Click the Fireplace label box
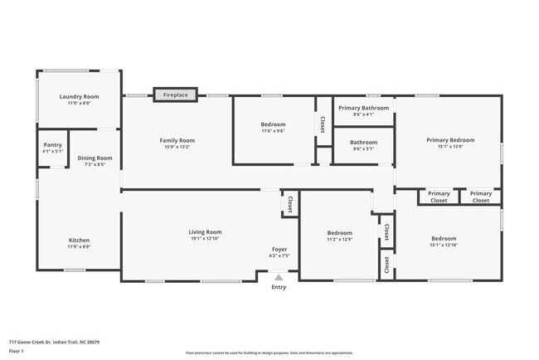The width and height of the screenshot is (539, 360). pyautogui.click(x=175, y=95)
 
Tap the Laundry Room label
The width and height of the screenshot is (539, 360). pyautogui.click(x=79, y=96)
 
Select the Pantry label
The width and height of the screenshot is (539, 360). pyautogui.click(x=53, y=145)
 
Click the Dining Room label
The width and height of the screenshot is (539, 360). pyautogui.click(x=95, y=158)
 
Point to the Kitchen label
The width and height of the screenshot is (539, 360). pyautogui.click(x=79, y=241)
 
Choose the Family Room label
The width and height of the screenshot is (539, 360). pyautogui.click(x=177, y=140)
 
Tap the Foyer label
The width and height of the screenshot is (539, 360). pyautogui.click(x=279, y=250)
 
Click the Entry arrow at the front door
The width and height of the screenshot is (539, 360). pyautogui.click(x=279, y=278)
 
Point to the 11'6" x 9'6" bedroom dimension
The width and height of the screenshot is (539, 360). pyautogui.click(x=273, y=130)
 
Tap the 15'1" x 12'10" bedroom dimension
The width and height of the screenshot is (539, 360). pyautogui.click(x=444, y=245)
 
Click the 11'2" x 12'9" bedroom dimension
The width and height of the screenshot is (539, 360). pyautogui.click(x=339, y=240)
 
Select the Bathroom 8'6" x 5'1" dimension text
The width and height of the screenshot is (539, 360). pyautogui.click(x=363, y=149)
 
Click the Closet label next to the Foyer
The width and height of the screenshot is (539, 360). pyautogui.click(x=289, y=203)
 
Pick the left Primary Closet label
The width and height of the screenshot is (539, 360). pyautogui.click(x=439, y=197)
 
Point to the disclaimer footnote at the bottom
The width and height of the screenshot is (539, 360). pyautogui.click(x=269, y=353)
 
